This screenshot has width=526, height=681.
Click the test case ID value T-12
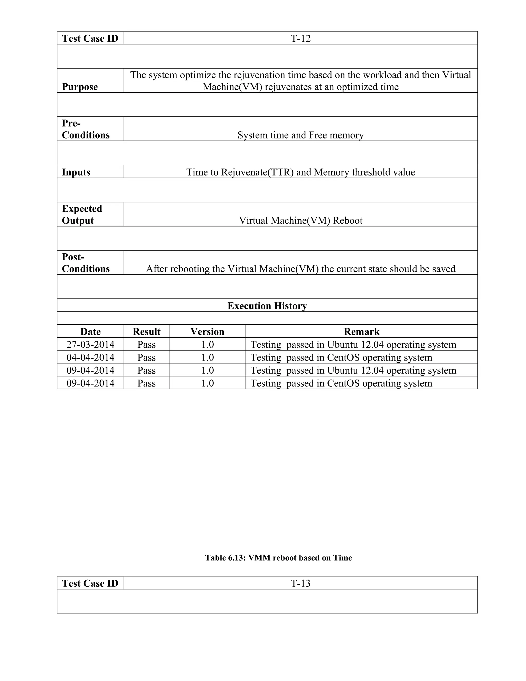click(x=300, y=38)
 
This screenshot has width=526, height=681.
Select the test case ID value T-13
click(x=300, y=583)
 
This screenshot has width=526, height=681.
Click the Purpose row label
click(x=80, y=87)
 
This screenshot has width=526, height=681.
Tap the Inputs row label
click(x=76, y=172)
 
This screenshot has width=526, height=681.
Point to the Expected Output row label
click(x=82, y=215)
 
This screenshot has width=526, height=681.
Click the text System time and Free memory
click(x=300, y=135)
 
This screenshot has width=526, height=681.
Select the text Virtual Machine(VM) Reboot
click(x=300, y=220)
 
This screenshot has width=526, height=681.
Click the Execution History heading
click(x=267, y=306)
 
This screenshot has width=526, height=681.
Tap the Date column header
click(x=90, y=332)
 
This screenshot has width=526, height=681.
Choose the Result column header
click(x=146, y=332)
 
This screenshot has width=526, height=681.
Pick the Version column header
click(x=207, y=332)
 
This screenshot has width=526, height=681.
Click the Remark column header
click(x=361, y=332)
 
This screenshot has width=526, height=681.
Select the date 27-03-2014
click(x=90, y=345)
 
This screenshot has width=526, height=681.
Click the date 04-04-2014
click(x=90, y=357)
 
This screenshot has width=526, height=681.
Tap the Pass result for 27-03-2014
click(x=146, y=345)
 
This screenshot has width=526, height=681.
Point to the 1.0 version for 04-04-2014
click(x=207, y=357)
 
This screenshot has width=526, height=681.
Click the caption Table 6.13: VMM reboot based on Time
click(x=278, y=558)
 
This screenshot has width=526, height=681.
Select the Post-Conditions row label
click(x=86, y=263)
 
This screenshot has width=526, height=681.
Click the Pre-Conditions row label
click(x=86, y=129)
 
